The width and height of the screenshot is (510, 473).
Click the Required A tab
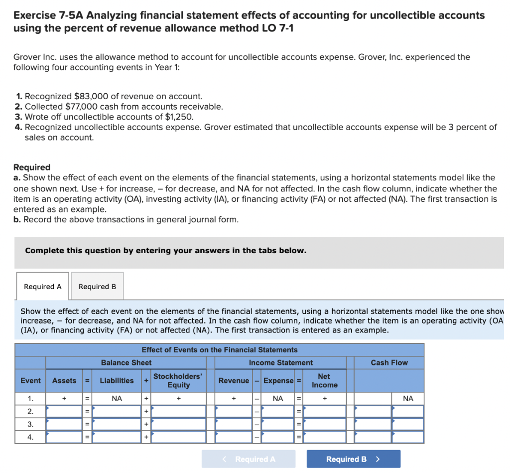pos(43,287)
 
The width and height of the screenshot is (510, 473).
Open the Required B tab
pos(97,287)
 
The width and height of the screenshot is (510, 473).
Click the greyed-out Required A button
pos(249,459)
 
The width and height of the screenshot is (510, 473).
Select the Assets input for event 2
pos(64,412)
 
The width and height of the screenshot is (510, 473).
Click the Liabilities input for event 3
pos(117,424)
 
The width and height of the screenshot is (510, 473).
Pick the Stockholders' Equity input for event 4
pos(179,437)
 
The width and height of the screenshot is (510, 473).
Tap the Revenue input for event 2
pos(234,412)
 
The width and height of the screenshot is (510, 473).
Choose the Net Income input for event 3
pos(325,424)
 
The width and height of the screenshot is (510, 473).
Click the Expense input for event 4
pos(278,437)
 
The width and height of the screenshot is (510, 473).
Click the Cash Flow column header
pos(389,363)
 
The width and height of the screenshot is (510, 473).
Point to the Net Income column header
pos(324,381)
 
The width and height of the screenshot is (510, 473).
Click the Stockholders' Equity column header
pos(178,381)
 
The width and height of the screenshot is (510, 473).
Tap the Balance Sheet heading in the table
pos(126,363)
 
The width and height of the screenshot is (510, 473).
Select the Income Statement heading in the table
pos(281,363)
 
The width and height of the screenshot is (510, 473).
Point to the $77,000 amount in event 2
pos(80,106)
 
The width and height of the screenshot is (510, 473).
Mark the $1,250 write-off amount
pos(179,117)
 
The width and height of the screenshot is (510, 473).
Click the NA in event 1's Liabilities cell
pos(117,399)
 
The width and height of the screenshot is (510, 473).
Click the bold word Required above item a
pos(31,167)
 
